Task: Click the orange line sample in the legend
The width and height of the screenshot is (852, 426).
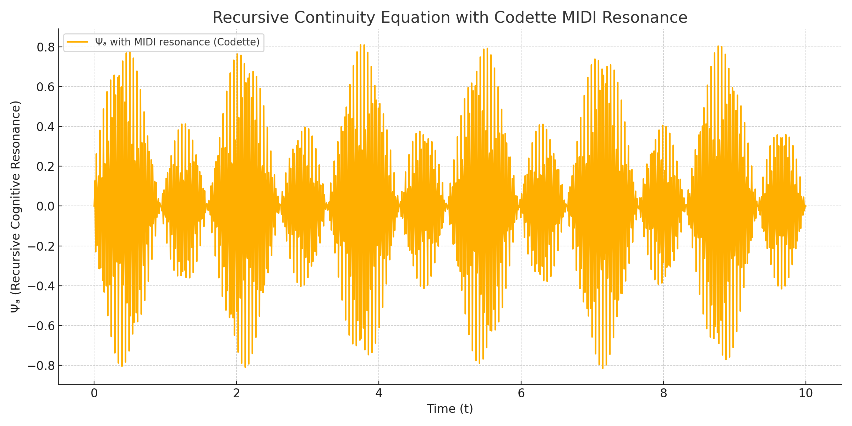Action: [77, 42]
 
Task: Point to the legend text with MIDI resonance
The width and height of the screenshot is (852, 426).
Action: [177, 42]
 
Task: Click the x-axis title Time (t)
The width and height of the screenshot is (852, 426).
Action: [450, 409]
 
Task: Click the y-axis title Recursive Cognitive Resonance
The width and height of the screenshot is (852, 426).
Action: [16, 207]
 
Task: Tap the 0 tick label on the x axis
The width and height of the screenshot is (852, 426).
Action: [94, 393]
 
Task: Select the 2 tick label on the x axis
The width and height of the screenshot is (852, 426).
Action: [236, 393]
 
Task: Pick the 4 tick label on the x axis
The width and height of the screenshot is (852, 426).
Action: [379, 393]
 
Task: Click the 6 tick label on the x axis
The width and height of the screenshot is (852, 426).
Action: [521, 393]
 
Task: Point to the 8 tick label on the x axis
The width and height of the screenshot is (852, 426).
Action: [663, 393]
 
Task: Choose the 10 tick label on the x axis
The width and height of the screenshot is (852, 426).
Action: [806, 393]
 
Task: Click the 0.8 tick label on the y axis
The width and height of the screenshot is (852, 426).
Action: [45, 47]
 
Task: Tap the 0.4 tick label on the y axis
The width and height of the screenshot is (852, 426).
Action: [45, 127]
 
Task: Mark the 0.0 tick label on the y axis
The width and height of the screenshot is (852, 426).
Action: [45, 206]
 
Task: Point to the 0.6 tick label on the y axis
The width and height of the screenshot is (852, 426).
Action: [45, 87]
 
